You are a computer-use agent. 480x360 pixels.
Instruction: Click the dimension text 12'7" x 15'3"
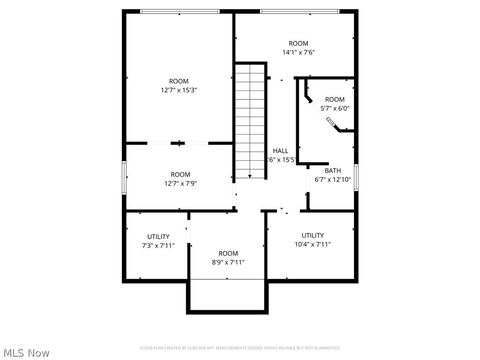pyautogui.click(x=179, y=90)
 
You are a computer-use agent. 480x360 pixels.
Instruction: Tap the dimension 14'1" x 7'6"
pyautogui.click(x=298, y=52)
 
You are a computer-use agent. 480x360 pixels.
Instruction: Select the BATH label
pyautogui.click(x=333, y=171)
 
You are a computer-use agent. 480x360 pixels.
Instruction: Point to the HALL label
pyautogui.click(x=281, y=151)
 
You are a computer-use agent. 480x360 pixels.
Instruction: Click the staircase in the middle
pyautogui.click(x=251, y=121)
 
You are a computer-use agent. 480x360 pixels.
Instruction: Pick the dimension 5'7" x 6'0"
pyautogui.click(x=335, y=108)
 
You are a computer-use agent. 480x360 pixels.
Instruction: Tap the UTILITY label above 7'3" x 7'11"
pyautogui.click(x=158, y=237)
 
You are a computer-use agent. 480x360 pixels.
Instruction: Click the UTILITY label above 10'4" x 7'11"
pyautogui.click(x=313, y=235)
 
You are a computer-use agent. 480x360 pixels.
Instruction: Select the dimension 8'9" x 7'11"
pyautogui.click(x=228, y=262)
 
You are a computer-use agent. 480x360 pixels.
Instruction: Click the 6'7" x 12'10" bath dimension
pyautogui.click(x=333, y=180)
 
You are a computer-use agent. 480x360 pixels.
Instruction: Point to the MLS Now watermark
pyautogui.click(x=26, y=352)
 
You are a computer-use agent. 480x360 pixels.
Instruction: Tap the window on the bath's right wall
pyautogui.click(x=356, y=178)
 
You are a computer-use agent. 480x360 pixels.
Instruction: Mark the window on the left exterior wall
pyautogui.click(x=124, y=178)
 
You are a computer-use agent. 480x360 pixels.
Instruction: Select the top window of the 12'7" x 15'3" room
pyautogui.click(x=180, y=11)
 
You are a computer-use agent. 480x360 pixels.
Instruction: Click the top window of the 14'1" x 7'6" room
pyautogui.click(x=299, y=11)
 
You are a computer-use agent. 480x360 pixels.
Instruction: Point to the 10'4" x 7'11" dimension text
pyautogui.click(x=313, y=244)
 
